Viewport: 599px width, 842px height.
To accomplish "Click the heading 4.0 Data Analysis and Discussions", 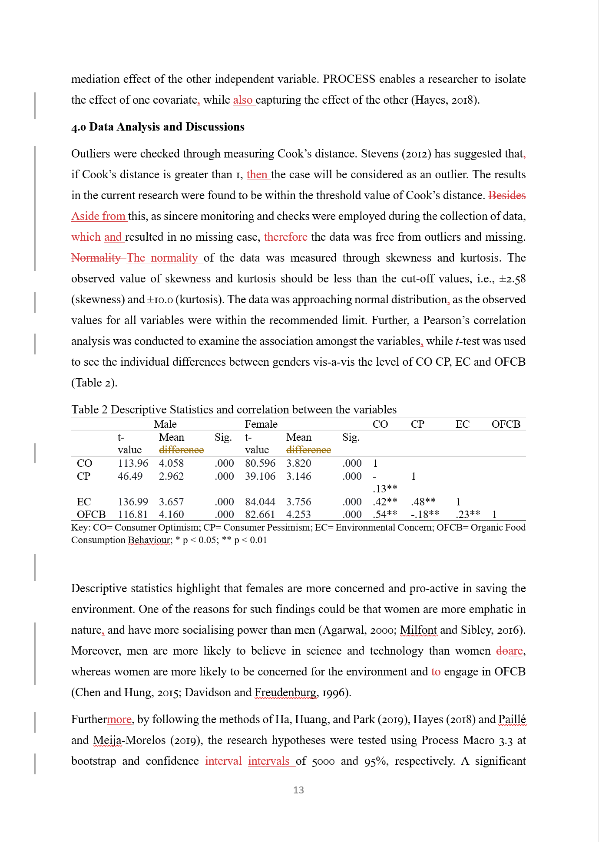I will tap(158, 127).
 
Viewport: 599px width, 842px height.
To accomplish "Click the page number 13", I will tap(298, 790).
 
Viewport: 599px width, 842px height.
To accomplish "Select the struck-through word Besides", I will tap(507, 195).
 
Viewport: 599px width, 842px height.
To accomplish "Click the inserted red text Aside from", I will tap(99, 216).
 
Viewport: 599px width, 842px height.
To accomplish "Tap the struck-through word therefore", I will tap(286, 237).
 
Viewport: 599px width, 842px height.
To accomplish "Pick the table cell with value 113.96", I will tap(132, 463).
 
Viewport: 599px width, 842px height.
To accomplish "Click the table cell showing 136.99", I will tap(132, 502).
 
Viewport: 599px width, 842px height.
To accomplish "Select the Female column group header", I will tap(261, 424).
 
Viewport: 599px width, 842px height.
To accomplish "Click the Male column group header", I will tap(165, 424).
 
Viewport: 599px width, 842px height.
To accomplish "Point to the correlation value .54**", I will tap(385, 514).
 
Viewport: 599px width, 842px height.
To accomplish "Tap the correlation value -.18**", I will tap(425, 514).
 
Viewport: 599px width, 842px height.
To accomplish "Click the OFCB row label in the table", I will tap(91, 514).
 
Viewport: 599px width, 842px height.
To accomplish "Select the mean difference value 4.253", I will tap(298, 514).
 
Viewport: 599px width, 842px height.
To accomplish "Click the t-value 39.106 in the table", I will tap(260, 476).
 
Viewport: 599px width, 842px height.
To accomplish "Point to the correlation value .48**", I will tap(423, 502).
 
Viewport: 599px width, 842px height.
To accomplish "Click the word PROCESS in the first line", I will tap(349, 79).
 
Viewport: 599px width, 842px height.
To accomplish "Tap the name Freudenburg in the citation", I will tap(286, 692).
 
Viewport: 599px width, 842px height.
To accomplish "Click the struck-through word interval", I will tap(224, 761).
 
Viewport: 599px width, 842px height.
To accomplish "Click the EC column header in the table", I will tap(462, 424).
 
